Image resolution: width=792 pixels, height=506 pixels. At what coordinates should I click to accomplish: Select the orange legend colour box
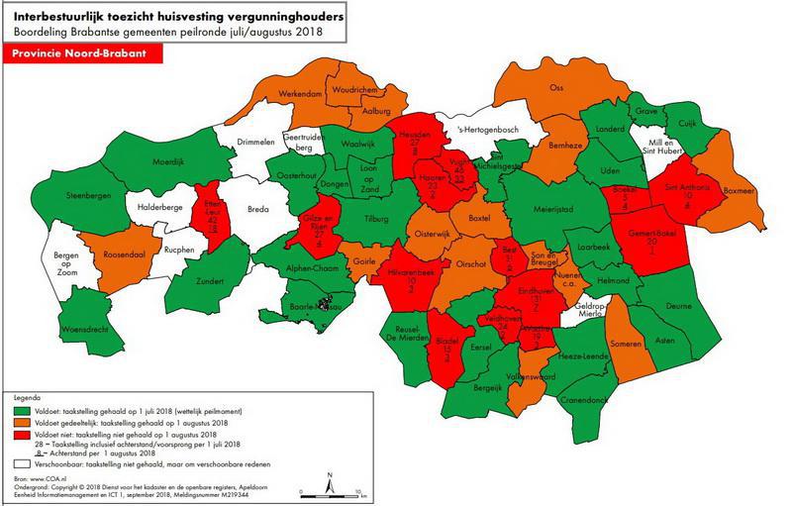[x=20, y=423]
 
